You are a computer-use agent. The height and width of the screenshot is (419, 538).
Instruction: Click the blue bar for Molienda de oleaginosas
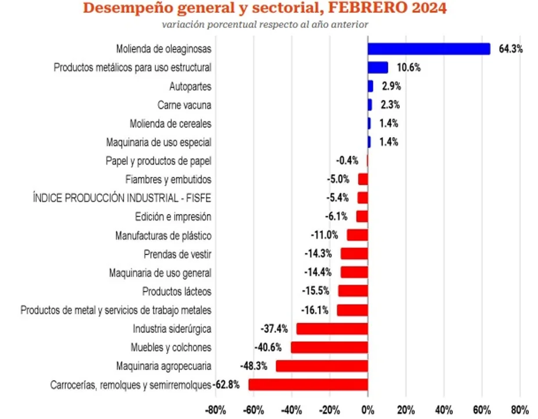click(429, 48)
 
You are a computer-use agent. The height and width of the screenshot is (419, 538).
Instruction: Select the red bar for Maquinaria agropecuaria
click(321, 366)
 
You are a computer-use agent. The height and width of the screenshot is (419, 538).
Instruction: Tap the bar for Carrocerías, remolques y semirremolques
click(308, 385)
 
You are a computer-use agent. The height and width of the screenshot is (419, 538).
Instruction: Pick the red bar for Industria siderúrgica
click(332, 329)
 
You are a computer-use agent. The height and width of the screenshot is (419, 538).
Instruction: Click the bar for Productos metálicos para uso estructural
click(377, 67)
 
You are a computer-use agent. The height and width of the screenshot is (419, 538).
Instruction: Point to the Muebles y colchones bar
click(329, 348)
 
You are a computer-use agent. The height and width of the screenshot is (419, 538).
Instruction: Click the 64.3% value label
click(511, 49)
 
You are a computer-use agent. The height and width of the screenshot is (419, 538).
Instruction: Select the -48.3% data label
click(254, 366)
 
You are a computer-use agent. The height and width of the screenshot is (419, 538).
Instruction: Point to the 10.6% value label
click(408, 68)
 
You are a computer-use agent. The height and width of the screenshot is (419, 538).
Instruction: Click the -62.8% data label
click(226, 385)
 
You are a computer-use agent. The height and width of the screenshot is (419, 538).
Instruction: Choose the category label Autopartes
click(190, 86)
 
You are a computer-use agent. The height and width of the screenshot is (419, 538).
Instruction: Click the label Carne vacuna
click(184, 105)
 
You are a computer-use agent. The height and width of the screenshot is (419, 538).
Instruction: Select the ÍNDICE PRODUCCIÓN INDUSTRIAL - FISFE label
click(121, 198)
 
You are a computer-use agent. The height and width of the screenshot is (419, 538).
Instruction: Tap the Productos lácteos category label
click(177, 292)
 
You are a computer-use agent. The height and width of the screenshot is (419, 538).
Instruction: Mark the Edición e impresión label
click(173, 217)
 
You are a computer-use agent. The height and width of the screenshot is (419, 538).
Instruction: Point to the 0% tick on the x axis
click(368, 410)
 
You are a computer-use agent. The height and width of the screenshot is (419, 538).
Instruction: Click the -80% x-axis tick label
click(216, 410)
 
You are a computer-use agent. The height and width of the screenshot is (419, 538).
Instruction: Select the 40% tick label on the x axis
click(444, 410)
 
